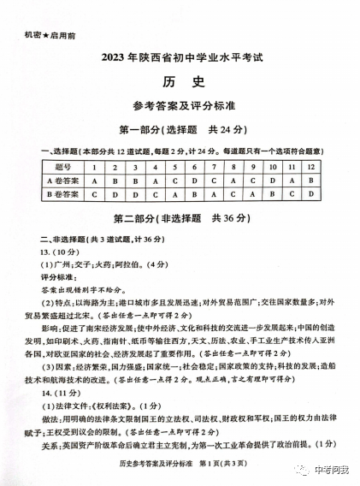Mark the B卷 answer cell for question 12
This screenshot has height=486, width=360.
click(x=310, y=195)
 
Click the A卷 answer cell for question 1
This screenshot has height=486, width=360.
click(x=92, y=181)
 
